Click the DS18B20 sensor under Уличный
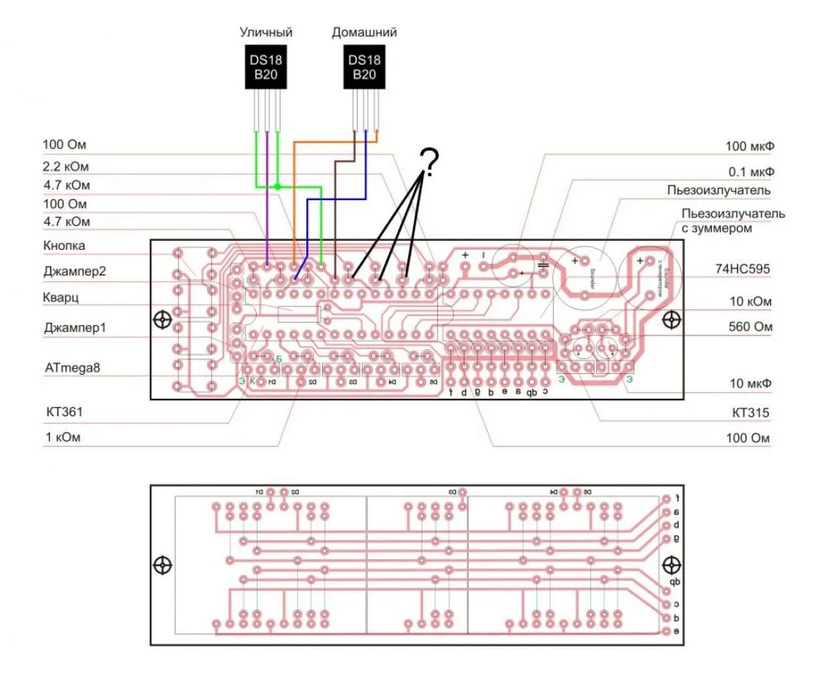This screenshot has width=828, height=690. click(x=268, y=68)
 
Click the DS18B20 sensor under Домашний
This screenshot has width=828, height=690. click(x=364, y=68)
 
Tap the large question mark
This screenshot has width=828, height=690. click(x=428, y=160)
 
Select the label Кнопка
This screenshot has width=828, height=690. click(x=64, y=246)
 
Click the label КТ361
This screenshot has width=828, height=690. click(x=64, y=412)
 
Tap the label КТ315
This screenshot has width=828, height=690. click(x=749, y=412)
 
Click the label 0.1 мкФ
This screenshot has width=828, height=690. click(x=750, y=172)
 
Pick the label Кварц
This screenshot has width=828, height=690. click(x=61, y=298)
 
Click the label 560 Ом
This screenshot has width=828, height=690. click(x=750, y=328)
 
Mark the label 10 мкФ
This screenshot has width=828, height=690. click(x=750, y=384)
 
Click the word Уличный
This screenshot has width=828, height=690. click(x=266, y=32)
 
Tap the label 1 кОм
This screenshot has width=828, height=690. click(x=62, y=436)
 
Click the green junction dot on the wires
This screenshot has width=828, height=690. click(x=278, y=187)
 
